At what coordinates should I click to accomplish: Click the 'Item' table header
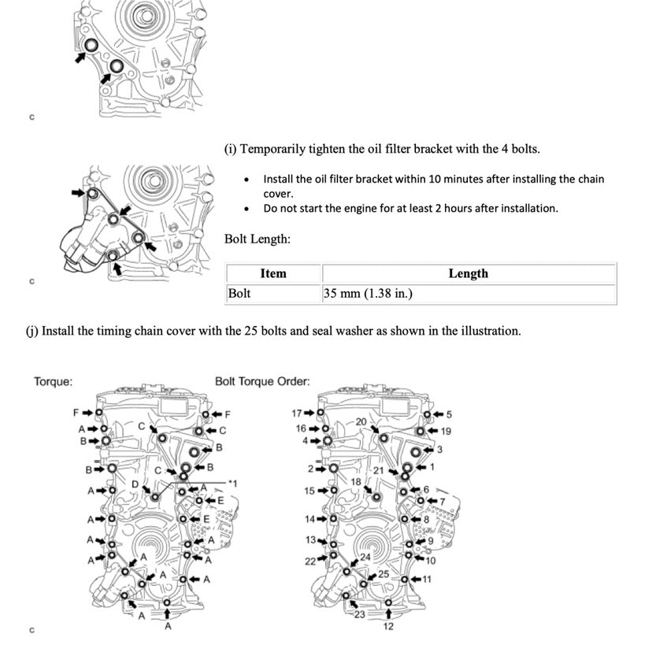point(272,274)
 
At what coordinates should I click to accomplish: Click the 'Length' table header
point(468,274)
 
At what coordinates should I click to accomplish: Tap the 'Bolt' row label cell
point(239,295)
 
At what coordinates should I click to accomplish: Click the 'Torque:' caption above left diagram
point(54,382)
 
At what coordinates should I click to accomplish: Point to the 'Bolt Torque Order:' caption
point(262,382)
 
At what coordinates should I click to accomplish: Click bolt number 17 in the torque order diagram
point(297,413)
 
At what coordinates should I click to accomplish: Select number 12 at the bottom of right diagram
point(388,627)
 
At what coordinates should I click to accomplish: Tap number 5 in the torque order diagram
point(450,414)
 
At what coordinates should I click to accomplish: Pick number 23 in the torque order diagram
point(359,616)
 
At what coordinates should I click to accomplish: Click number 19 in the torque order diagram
point(446,431)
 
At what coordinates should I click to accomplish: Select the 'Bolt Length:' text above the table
point(258,238)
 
